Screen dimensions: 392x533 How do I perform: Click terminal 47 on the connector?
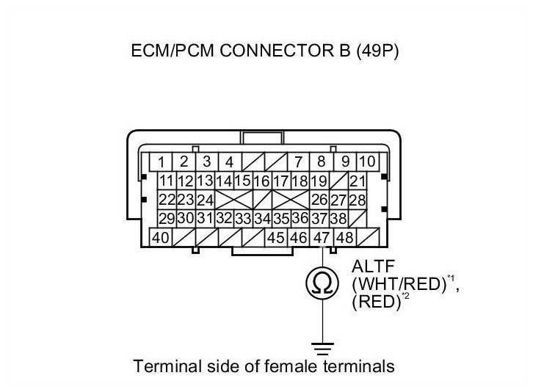(322, 238)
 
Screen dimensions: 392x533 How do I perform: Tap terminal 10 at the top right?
(366, 161)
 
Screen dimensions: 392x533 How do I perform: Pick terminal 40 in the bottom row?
(161, 238)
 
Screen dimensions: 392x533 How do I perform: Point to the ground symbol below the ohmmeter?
(321, 345)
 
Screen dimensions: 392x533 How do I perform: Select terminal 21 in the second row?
(358, 181)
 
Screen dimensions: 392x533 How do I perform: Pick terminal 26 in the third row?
(319, 200)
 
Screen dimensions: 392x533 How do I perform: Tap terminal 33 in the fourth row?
(243, 219)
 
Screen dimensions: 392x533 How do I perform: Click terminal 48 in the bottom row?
(344, 238)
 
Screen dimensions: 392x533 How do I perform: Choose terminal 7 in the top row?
(298, 161)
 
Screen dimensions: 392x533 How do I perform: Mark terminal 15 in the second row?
(243, 181)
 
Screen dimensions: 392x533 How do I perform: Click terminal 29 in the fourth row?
(167, 219)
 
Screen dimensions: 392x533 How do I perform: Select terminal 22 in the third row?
(167, 200)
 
